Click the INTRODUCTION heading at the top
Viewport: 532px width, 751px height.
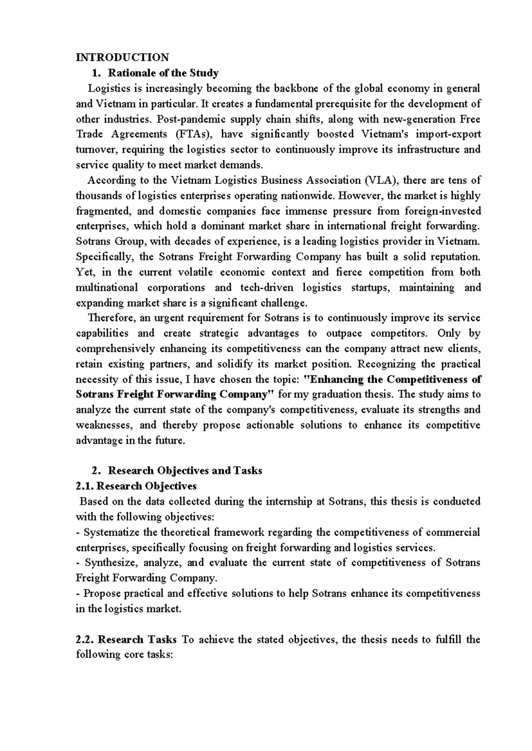pos(122,57)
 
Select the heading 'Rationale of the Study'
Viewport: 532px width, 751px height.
pos(163,73)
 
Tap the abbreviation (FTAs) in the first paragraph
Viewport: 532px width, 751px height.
pos(192,134)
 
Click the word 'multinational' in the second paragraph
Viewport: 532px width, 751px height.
pos(107,287)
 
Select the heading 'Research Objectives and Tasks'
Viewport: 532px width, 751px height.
pos(185,470)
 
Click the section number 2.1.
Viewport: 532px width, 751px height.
pos(85,486)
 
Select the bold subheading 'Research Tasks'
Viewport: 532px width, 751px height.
pos(137,639)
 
